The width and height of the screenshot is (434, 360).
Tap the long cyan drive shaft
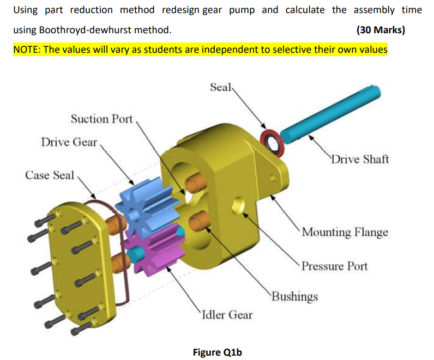coord(333,112)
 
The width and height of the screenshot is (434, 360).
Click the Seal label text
coord(221,87)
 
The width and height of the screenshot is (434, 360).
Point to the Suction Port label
coord(102,119)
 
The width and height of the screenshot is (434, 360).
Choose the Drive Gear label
coord(69,142)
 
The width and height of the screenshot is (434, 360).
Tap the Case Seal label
coord(50,175)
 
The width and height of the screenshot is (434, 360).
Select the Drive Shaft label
coord(360,160)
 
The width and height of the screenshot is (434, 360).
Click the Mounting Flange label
coord(345,233)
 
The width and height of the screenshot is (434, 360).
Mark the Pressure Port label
coord(334,266)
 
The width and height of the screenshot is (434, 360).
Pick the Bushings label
coord(294,297)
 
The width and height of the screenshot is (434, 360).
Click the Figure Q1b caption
coord(217,352)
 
